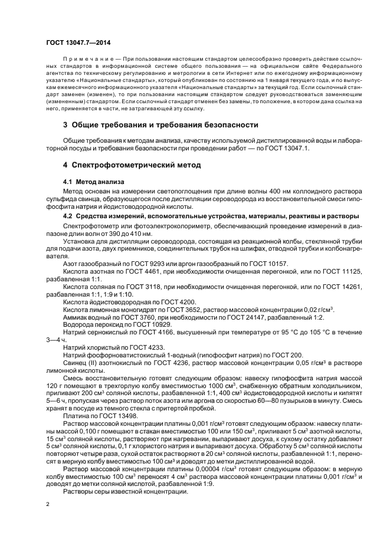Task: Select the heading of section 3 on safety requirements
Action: click(160, 125)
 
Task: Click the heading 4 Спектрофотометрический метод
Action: click(132, 165)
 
